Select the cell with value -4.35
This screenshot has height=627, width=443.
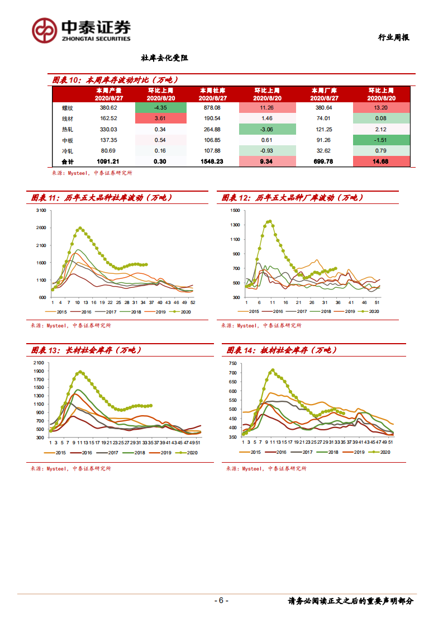point(160,107)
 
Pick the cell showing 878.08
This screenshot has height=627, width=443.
point(213,107)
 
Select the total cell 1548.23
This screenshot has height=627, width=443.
point(213,161)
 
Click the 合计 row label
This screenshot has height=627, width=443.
point(68,161)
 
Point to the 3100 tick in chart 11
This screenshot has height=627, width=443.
point(40,211)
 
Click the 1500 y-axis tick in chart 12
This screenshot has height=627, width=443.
point(234,211)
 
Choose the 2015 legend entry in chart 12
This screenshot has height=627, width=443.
point(250,311)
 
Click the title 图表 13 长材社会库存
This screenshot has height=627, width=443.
point(87,350)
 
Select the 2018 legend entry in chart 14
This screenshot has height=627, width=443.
point(329,452)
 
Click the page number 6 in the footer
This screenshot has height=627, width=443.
point(221,601)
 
